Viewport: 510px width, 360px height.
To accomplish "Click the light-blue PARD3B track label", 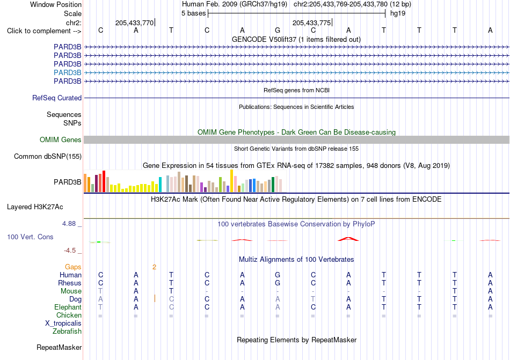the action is click(x=67, y=72).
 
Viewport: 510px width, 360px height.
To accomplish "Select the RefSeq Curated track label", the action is click(x=57, y=98).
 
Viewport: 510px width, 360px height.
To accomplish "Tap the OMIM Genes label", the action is click(x=61, y=139).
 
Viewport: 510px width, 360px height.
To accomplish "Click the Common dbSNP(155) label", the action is click(x=48, y=156).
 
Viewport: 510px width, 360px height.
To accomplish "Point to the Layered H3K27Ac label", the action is click(x=35, y=207).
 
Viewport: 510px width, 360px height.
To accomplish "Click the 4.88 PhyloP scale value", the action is click(x=69, y=224).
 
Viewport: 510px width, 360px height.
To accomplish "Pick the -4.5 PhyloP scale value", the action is click(x=70, y=250).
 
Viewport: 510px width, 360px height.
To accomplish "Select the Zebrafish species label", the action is click(x=67, y=332).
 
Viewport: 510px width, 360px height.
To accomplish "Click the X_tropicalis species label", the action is click(x=63, y=324).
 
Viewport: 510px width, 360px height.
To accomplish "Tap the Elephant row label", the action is click(x=68, y=307).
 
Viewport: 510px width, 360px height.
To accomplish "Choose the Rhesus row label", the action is click(x=70, y=283).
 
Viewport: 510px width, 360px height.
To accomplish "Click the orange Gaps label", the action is click(x=73, y=267).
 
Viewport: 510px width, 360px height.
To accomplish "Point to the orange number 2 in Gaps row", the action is click(x=154, y=267).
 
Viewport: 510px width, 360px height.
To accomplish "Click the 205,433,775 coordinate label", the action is click(x=311, y=23).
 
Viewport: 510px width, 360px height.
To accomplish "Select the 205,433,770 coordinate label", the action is click(x=134, y=23).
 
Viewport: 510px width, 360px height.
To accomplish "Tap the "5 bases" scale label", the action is click(x=193, y=13).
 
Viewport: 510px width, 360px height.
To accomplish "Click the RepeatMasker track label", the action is click(x=59, y=347).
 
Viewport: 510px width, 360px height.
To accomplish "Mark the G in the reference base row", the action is click(x=278, y=30).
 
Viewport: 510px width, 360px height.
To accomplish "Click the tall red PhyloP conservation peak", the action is click(x=348, y=239).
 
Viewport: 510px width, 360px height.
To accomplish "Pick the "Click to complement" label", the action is click(x=44, y=31).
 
